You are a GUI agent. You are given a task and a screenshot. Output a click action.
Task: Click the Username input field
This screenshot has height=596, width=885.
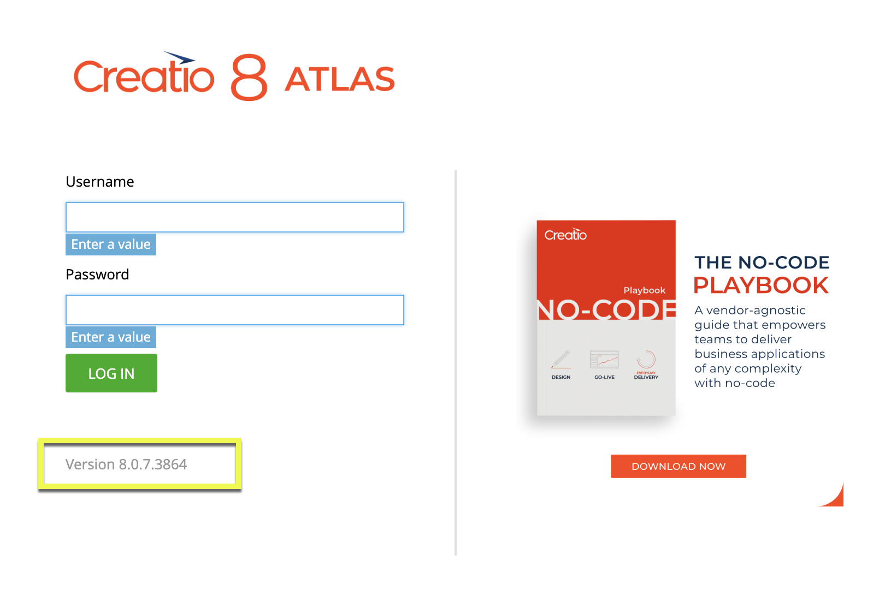(x=235, y=217)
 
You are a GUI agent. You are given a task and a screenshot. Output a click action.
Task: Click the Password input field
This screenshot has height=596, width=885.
(x=235, y=310)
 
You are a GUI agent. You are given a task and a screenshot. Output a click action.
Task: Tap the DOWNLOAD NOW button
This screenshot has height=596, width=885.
(x=678, y=466)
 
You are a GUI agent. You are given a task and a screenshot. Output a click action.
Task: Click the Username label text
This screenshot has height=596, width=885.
(x=100, y=182)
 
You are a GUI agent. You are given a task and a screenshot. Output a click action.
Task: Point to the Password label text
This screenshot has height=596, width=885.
(x=97, y=275)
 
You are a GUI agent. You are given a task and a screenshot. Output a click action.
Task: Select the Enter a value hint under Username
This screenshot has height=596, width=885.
(x=111, y=245)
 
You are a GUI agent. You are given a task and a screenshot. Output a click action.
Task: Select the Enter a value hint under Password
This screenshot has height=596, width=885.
(x=111, y=337)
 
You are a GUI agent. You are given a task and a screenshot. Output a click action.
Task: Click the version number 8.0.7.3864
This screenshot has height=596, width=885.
(x=153, y=464)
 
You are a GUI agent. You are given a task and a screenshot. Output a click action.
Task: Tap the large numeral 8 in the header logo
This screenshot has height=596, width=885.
(x=249, y=78)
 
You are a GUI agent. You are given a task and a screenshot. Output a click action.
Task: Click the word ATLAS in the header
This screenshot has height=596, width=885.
(x=339, y=79)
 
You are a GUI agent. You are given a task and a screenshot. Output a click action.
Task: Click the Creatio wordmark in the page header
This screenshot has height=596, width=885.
(x=144, y=73)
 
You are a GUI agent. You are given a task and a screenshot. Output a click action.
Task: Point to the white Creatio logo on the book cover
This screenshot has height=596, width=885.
(x=565, y=235)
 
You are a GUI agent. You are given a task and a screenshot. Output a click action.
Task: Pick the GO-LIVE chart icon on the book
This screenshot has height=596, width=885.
(x=604, y=359)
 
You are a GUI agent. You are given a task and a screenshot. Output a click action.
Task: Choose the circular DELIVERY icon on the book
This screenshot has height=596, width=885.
(x=646, y=359)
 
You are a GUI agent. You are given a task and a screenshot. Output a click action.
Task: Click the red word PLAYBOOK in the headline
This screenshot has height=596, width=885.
(x=761, y=285)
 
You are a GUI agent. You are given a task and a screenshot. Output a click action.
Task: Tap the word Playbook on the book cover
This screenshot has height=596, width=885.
(x=645, y=290)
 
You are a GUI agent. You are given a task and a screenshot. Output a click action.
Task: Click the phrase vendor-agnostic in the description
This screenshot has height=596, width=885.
(x=756, y=311)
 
